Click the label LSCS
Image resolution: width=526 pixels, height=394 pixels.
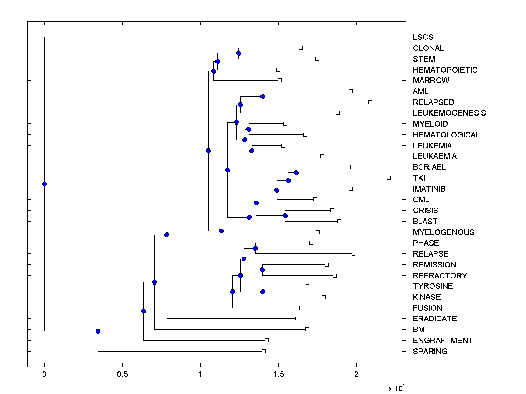(423, 37)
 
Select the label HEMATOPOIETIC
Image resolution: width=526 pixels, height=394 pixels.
(445, 70)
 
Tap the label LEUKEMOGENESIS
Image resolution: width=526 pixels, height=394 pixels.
(449, 113)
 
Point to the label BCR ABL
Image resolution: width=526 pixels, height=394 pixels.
(429, 167)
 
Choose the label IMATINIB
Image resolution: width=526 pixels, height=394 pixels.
(429, 189)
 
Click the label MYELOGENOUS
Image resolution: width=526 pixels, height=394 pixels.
(443, 232)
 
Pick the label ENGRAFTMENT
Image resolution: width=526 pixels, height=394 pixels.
(443, 341)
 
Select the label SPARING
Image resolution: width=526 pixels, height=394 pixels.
(430, 352)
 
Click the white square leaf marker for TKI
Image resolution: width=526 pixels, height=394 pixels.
(388, 178)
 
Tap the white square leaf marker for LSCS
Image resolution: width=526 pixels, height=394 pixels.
(98, 37)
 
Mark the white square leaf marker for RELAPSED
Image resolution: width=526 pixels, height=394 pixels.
(370, 102)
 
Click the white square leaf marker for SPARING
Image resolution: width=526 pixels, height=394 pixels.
(263, 351)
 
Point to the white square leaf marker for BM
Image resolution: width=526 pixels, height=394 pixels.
(307, 329)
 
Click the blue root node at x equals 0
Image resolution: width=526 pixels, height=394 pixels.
(44, 184)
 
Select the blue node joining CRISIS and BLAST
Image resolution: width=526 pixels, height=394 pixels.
(285, 215)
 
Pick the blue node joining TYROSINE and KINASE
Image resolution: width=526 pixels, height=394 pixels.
(263, 292)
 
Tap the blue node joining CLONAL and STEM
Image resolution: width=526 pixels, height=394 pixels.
(238, 53)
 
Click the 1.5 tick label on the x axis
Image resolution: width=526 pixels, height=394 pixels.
(278, 375)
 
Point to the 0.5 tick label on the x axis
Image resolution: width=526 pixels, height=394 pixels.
(122, 375)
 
